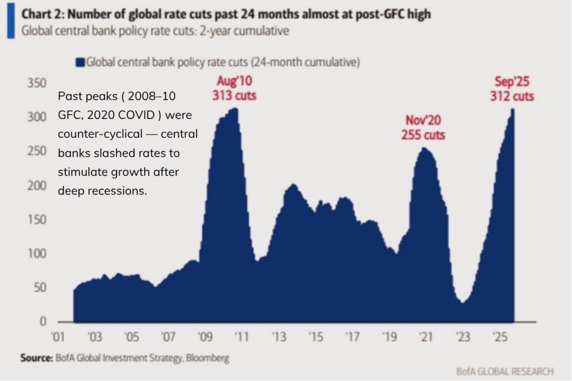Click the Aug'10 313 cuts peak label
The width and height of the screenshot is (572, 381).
click(234, 89)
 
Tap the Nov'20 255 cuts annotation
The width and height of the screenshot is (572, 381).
click(423, 128)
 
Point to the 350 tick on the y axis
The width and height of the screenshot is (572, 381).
click(37, 84)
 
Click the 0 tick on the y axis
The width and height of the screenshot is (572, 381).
click(42, 322)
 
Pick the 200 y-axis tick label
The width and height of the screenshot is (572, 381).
click(37, 186)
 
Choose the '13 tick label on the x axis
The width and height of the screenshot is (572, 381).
click(279, 337)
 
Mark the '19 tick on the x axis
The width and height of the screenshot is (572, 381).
click(389, 337)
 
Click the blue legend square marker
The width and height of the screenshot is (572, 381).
click(80, 62)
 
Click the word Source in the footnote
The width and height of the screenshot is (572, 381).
click(36, 359)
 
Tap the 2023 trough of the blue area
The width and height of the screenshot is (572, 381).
click(463, 302)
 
